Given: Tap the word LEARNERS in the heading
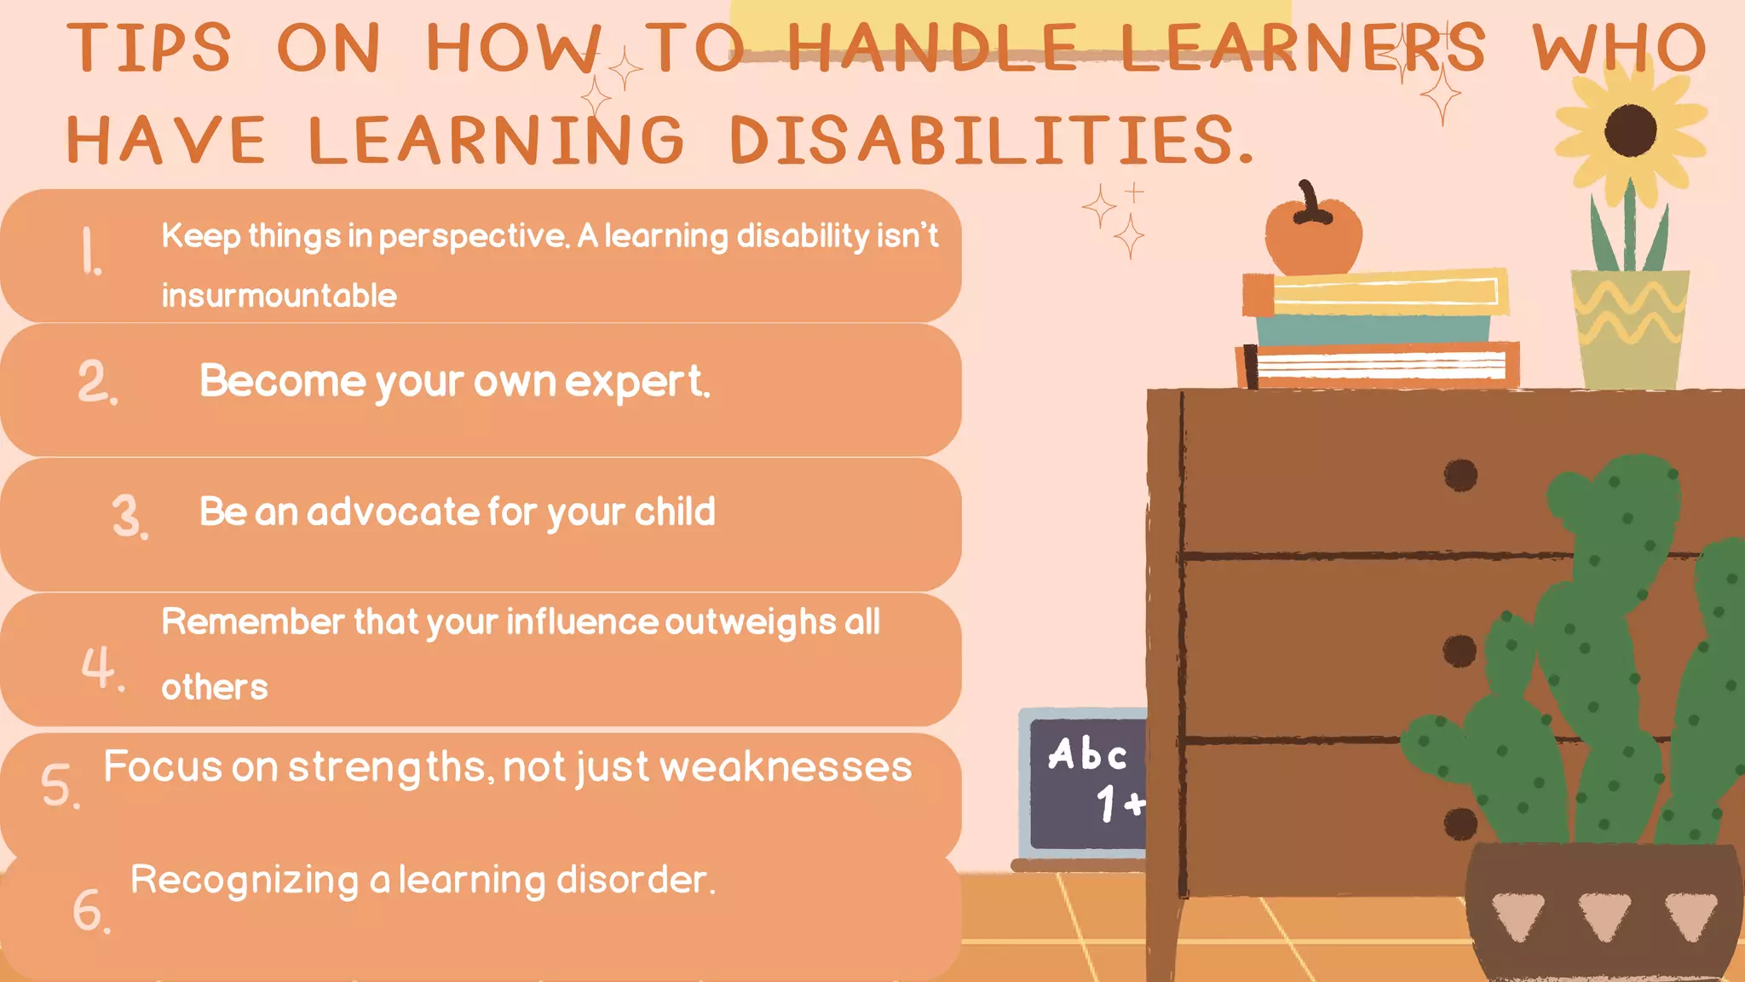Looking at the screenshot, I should (x=1302, y=48).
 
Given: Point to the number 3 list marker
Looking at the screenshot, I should (x=130, y=517).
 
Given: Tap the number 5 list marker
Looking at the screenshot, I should (x=60, y=785).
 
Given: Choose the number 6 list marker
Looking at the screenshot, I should (x=90, y=910).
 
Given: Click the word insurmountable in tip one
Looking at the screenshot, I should (x=279, y=296).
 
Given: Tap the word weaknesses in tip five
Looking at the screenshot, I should (x=785, y=766).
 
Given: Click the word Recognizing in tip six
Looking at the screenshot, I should (x=245, y=880).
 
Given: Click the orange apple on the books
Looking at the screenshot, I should (x=1312, y=234).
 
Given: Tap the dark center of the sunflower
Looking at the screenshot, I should (x=1630, y=130).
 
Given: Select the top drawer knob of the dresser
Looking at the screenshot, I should (x=1460, y=475).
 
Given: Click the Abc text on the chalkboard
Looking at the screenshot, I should (x=1087, y=754).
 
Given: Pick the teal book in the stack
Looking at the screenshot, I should (x=1373, y=328).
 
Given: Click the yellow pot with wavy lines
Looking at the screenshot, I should (x=1629, y=328).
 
